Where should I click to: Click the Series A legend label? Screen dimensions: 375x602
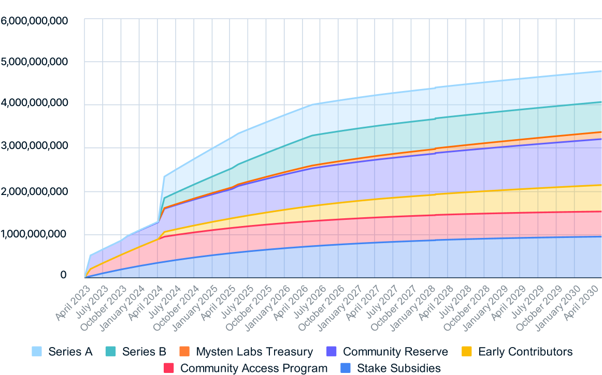point(70,352)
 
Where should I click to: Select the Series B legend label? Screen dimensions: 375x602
point(144,352)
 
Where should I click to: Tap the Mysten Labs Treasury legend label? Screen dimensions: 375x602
point(254,352)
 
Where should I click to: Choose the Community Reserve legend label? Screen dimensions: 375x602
point(395,352)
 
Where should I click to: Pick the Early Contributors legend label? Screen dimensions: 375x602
point(525,352)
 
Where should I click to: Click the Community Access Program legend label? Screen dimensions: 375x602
point(254,368)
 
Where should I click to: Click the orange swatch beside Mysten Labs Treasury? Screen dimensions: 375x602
point(184,352)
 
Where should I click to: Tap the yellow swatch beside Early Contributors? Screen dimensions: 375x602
point(466,352)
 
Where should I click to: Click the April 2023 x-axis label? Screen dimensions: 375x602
point(73,294)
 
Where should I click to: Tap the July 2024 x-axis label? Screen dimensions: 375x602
point(165,294)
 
